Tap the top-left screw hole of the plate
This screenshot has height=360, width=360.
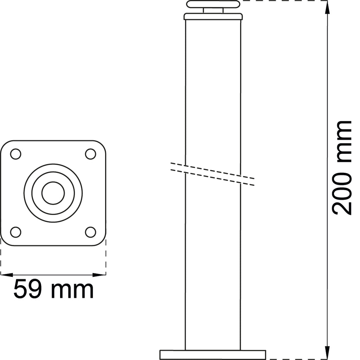click(x=15, y=153)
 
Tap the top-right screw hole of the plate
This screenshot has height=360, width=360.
click(x=91, y=153)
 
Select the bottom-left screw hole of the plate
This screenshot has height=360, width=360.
click(x=15, y=232)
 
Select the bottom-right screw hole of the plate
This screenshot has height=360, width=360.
click(x=91, y=232)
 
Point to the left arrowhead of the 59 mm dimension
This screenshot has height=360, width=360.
click(x=7, y=274)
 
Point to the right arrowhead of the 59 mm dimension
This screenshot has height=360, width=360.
click(x=99, y=274)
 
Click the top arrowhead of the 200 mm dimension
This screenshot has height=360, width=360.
click(x=328, y=7)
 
